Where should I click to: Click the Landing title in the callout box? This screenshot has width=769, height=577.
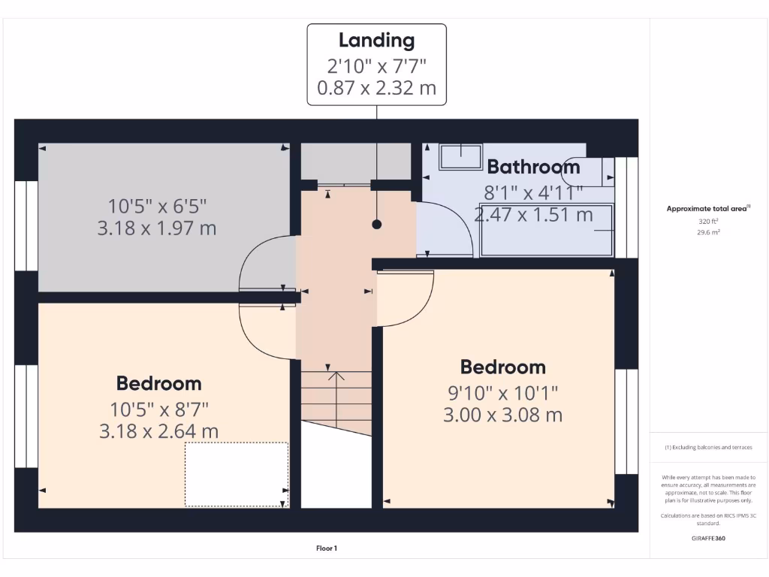pos(376,40)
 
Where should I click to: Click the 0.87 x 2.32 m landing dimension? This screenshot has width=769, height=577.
pos(376,88)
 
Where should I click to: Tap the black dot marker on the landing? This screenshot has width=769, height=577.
pos(377,224)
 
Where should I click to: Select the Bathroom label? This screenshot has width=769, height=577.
pos(533,167)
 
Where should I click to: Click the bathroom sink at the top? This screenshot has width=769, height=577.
pos(460,156)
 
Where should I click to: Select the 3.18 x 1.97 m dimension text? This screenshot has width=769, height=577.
pos(157,228)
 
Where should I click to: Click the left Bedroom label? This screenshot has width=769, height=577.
pos(158,383)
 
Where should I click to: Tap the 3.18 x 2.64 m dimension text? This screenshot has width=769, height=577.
pos(158,431)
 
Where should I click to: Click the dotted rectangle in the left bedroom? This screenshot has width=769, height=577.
pos(237,474)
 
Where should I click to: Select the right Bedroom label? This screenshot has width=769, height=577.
pos(502,367)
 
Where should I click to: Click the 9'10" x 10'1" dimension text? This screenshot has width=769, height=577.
pos(502,391)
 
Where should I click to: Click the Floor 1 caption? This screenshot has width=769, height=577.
pos(327,548)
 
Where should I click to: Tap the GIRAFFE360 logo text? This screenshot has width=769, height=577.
pos(708,538)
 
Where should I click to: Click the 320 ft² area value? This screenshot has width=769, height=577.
pos(708,222)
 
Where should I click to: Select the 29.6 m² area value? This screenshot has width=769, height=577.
pos(708,233)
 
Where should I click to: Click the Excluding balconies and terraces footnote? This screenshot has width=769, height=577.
pos(708,447)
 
